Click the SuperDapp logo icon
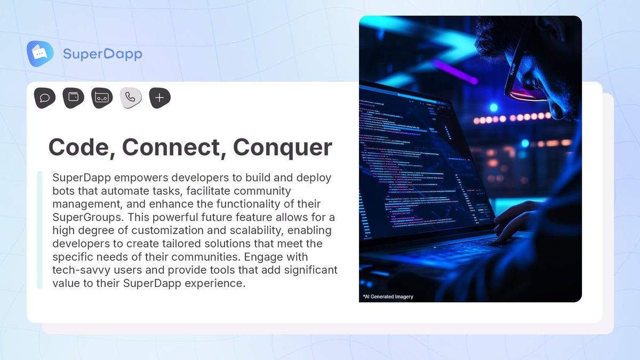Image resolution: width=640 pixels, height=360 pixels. point(40,53)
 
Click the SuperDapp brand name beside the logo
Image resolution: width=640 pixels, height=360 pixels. point(102,54)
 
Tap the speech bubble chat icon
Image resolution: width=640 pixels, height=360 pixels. point(45,98)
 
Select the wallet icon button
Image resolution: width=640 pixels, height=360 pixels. point(74,98)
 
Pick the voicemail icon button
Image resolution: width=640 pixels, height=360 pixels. point(102,98)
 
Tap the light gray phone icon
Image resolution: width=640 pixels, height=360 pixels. point(131,98)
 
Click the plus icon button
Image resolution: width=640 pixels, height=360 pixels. point(159,98)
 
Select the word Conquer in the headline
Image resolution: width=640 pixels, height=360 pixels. point(283,147)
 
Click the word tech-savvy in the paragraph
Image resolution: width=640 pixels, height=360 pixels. point(79,270)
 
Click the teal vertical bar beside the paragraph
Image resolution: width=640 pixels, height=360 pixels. point(39,230)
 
